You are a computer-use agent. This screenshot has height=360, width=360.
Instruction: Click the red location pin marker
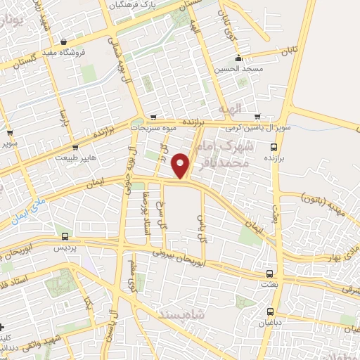pos(181,166)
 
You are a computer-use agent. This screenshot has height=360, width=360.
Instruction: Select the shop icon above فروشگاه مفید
pos(65,42)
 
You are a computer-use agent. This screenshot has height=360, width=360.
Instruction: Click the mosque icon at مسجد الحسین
pos(239,58)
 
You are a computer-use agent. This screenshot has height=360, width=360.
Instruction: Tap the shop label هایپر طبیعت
pos(75,158)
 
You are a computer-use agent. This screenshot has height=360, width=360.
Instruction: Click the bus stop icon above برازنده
pos(274,147)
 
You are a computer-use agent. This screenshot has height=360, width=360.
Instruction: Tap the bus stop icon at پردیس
pos(65,237)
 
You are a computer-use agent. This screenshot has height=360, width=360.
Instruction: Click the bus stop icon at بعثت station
pos(270,274)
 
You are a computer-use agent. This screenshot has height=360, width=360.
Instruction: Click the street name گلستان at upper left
pos(20,63)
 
